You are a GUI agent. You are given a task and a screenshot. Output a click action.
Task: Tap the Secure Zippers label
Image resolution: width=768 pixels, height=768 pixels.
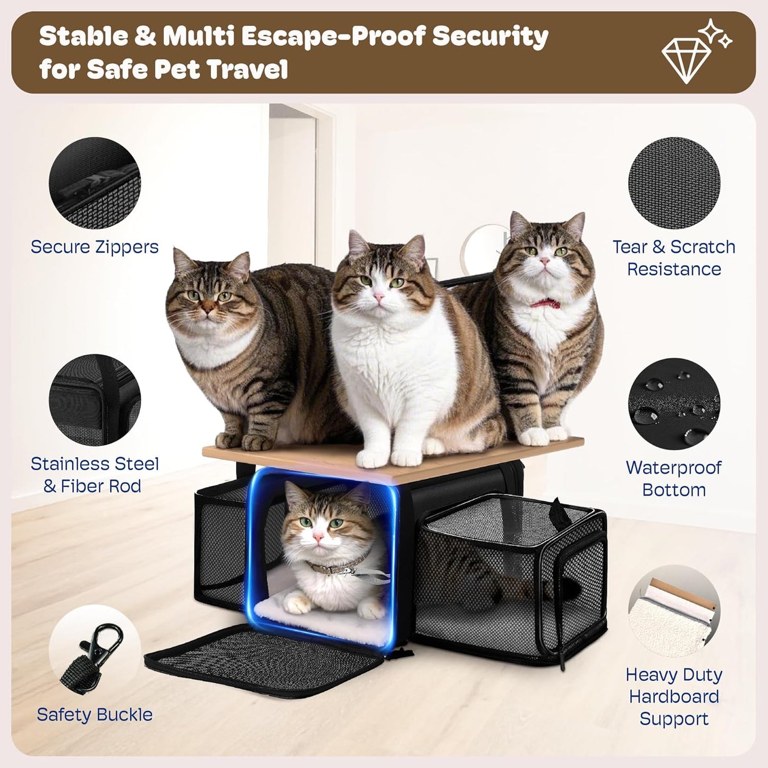click(95, 247)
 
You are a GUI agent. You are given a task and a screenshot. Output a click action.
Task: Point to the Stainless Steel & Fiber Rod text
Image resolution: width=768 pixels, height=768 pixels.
click(95, 475)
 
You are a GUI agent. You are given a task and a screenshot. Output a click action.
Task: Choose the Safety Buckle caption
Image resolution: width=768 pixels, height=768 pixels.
click(95, 715)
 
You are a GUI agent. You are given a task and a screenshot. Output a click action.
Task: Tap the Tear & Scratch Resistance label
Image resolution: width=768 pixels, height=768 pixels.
click(674, 258)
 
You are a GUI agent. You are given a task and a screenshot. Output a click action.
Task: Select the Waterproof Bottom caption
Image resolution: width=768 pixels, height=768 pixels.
click(674, 478)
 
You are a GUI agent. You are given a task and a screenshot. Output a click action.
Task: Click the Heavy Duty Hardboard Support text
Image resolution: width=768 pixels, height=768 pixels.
click(674, 696)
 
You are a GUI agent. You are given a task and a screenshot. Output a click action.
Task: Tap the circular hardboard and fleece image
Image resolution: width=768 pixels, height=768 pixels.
click(674, 611)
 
